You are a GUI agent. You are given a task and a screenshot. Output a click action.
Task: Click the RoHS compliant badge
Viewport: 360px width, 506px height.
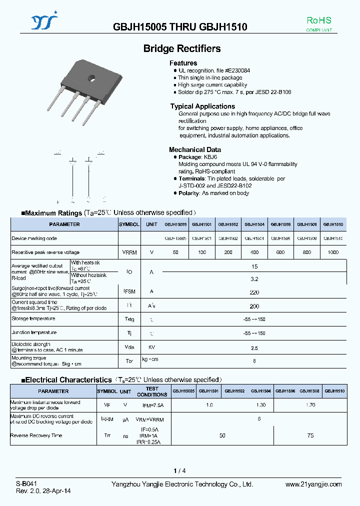point(319,23)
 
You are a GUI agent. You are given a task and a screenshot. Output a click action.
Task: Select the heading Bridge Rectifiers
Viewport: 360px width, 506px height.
point(182,48)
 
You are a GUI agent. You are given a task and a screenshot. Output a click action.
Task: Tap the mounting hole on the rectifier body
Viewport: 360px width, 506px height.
point(91,77)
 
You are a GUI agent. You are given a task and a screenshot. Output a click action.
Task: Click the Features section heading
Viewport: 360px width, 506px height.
point(183,63)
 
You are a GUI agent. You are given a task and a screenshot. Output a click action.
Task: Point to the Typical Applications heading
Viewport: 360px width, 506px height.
point(202,106)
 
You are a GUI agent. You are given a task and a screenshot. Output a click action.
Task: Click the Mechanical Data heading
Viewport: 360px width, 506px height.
point(194,149)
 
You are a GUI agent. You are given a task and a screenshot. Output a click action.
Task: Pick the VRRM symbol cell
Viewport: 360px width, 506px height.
point(129,252)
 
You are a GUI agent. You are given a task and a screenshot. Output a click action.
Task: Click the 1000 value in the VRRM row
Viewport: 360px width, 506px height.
point(333,252)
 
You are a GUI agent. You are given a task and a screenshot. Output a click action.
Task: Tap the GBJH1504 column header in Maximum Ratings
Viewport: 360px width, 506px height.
point(254,224)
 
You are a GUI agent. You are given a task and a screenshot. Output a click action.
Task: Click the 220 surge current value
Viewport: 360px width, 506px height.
point(254,291)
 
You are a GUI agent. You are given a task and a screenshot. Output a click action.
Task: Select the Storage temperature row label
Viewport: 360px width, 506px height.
point(33,318)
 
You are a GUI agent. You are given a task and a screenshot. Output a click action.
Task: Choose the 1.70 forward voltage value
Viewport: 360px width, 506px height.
point(310,404)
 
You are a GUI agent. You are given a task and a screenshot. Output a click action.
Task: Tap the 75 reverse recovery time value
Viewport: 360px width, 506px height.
point(310,435)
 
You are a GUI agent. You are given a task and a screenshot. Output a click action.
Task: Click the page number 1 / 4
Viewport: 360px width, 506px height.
point(179,470)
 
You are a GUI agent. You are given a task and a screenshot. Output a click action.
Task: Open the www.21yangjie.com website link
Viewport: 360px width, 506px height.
point(313,484)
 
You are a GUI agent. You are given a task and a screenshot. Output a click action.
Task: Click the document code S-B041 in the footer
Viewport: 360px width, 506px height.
point(26,484)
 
